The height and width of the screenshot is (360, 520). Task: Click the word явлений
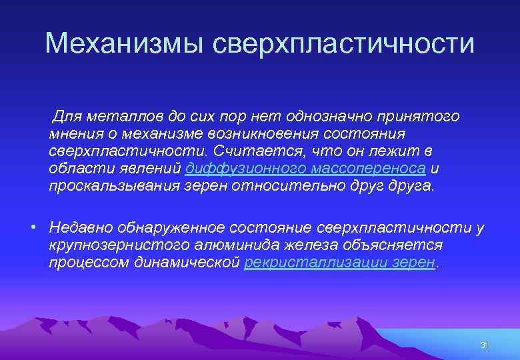pyautogui.click(x=151, y=169)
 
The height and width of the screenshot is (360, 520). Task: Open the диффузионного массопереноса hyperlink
pyautogui.click(x=305, y=169)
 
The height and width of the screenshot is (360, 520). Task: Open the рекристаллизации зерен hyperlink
pyautogui.click(x=339, y=263)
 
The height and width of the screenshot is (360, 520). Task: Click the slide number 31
pyautogui.click(x=485, y=345)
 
